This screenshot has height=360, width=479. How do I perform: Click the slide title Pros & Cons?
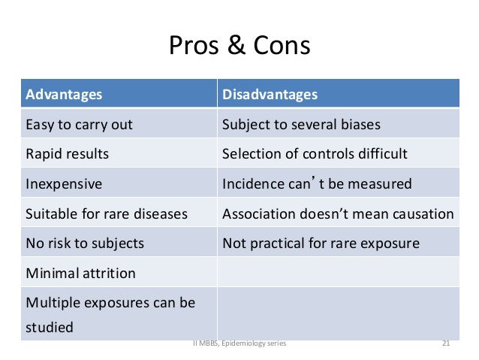(x=239, y=47)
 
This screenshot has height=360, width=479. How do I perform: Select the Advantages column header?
(x=65, y=95)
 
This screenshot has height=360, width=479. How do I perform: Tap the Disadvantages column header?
(x=270, y=95)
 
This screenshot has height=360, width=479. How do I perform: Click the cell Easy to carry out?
(x=79, y=125)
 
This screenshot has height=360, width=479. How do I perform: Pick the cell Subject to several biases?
(x=301, y=125)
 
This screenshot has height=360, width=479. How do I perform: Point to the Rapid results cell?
(x=67, y=154)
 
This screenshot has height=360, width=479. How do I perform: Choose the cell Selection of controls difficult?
(x=315, y=154)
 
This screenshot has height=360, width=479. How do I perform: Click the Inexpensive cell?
(x=64, y=184)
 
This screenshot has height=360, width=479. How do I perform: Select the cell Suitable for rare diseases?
(x=107, y=214)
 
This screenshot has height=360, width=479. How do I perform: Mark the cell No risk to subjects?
(x=85, y=244)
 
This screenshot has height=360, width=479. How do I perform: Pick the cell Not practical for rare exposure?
(x=321, y=244)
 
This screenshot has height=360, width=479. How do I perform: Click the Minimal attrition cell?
(x=80, y=274)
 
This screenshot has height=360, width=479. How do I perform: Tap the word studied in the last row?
(x=50, y=328)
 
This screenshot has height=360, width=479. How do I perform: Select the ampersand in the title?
(x=236, y=47)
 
